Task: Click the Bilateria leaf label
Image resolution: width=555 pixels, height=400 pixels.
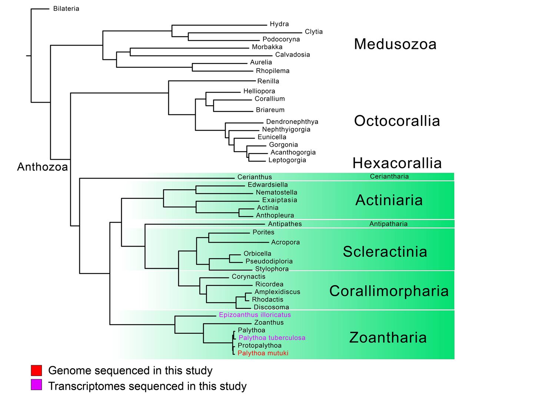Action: [66, 9]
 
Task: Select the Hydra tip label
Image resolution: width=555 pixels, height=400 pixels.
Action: [279, 24]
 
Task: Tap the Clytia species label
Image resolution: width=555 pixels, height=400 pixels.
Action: [313, 32]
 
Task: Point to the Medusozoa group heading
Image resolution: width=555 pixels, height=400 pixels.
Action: [395, 44]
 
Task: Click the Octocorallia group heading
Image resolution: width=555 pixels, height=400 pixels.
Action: [397, 121]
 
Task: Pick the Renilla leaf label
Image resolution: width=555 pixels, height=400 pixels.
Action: [268, 81]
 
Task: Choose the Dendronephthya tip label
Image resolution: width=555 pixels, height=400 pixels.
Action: [292, 121]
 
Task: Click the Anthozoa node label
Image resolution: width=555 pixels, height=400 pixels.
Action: [43, 167]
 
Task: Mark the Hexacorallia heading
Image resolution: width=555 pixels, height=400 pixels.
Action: [397, 163]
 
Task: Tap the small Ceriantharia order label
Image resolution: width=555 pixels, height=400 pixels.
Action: [389, 176]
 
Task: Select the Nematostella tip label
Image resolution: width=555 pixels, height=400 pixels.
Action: [276, 192]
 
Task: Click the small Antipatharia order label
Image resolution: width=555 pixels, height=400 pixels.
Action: [388, 224]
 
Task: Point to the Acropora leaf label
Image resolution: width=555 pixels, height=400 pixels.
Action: [285, 242]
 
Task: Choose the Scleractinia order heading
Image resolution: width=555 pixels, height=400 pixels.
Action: [385, 252]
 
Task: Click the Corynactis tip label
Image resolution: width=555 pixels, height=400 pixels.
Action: [248, 277]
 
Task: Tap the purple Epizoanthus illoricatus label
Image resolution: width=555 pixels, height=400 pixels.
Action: [255, 315]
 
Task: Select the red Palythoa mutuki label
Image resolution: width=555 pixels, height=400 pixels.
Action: [263, 353]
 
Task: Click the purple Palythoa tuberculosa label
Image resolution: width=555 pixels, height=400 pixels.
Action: [272, 338]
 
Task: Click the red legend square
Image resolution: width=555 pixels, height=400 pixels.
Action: [36, 370]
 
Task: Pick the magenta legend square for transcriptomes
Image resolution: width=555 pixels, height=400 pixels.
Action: [36, 385]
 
